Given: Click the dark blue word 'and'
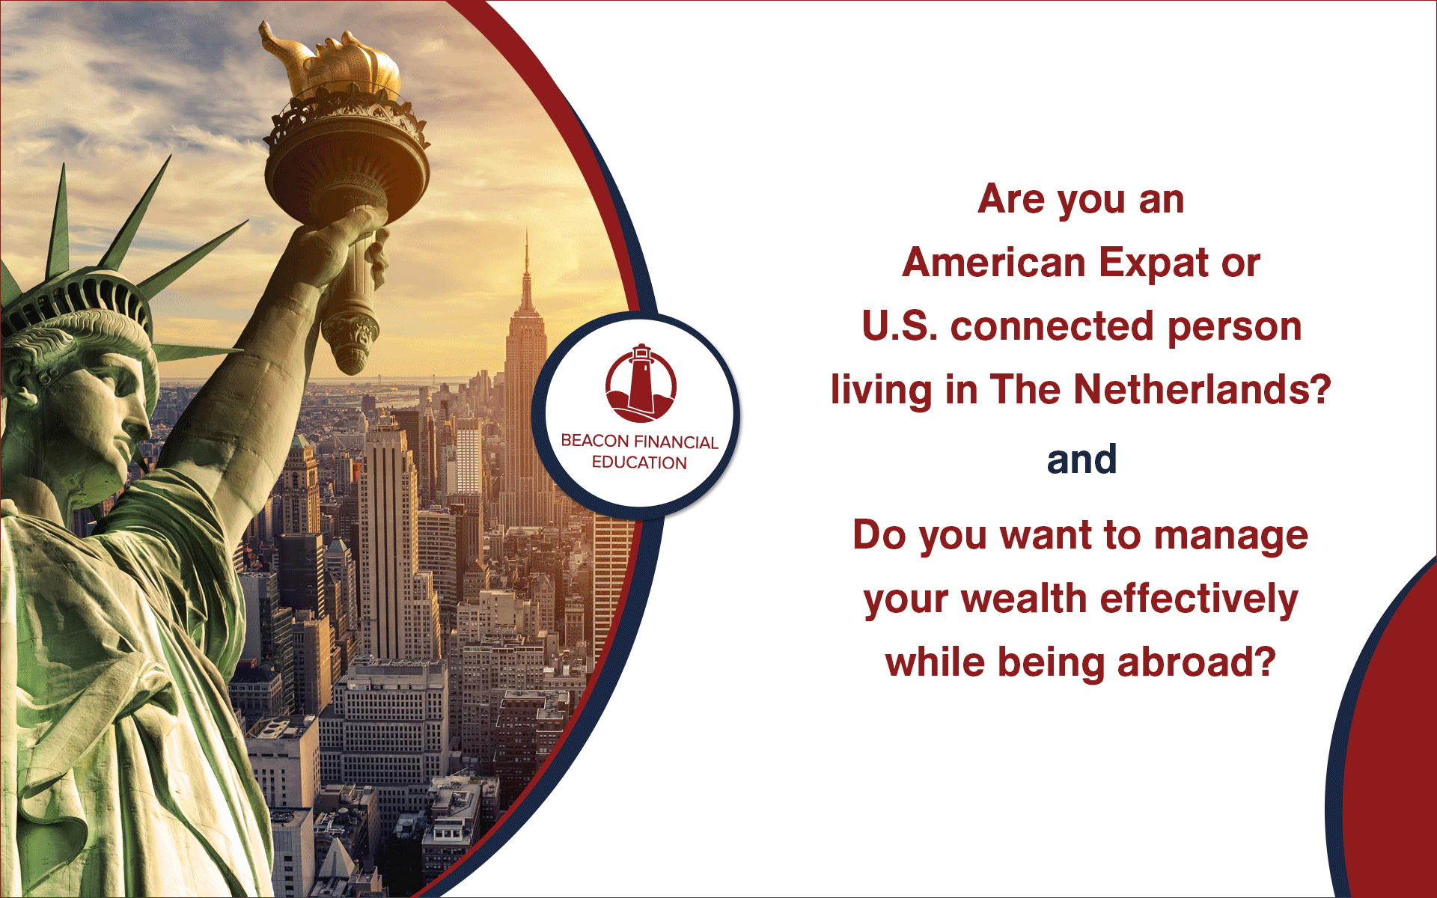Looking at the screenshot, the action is point(1081,459).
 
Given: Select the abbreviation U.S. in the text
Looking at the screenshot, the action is point(899,326).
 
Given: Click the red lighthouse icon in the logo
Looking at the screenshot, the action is point(641,383).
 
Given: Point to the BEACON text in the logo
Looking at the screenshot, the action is point(595,441).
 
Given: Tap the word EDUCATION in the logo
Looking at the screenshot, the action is point(639,462).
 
